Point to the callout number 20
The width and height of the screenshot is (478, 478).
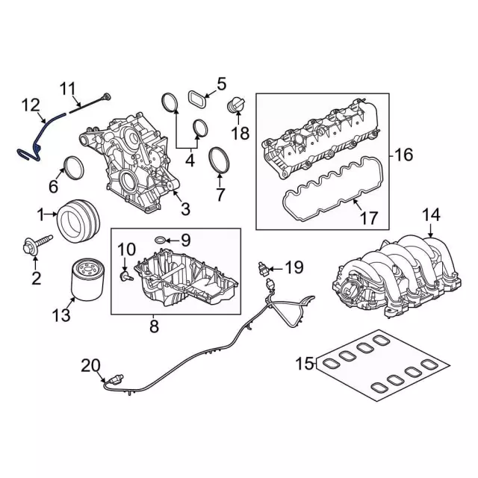click(90, 365)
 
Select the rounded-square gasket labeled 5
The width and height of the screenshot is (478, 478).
click(197, 98)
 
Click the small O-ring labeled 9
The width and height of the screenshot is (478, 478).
click(161, 239)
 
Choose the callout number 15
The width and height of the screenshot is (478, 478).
click(304, 364)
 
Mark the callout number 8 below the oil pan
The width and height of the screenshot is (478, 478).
click(154, 326)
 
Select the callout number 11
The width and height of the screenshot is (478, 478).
click(69, 90)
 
